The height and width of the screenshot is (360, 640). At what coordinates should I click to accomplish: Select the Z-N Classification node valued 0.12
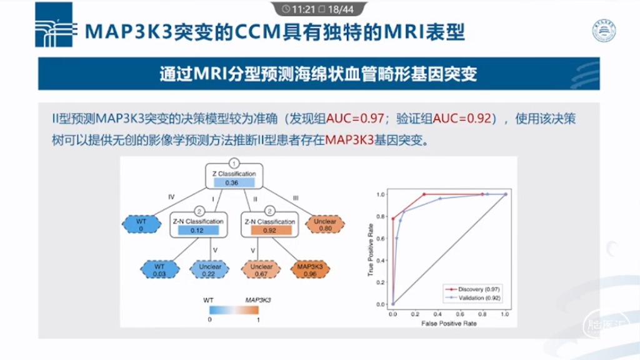[x=197, y=226]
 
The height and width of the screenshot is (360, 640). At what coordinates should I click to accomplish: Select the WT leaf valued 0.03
[x=159, y=270]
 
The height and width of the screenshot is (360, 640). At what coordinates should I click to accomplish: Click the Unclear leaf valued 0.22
[x=210, y=270]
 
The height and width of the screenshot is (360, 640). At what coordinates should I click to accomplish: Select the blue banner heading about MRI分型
[x=319, y=74]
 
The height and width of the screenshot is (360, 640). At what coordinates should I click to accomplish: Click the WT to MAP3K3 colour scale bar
[x=234, y=309]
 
